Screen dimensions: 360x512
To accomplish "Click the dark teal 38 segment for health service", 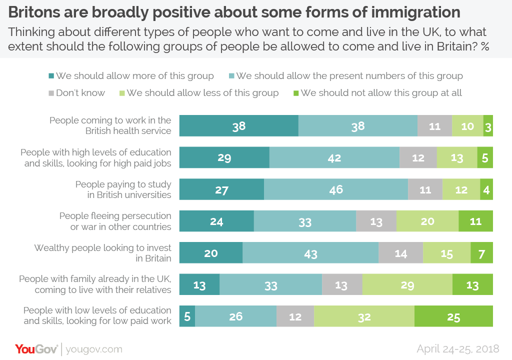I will (239, 126).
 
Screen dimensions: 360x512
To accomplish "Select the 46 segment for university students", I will (336, 189).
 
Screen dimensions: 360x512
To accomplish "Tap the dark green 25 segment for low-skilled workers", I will (453, 316).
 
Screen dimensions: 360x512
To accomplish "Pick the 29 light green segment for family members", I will (407, 285).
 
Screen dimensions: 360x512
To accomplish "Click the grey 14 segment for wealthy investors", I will (400, 253).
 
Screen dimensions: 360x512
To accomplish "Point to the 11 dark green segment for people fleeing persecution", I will (475, 221).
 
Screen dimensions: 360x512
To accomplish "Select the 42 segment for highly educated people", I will (334, 158).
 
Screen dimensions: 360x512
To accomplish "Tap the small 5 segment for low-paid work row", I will (187, 316).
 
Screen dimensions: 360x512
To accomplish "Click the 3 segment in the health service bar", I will (488, 126).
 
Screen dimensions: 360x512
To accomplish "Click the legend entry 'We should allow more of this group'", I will (131, 76).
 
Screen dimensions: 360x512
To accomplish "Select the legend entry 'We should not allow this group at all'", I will (377, 93).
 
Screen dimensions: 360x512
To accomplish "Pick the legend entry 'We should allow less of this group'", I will (198, 93).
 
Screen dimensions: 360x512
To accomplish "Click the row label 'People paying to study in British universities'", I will (123, 189).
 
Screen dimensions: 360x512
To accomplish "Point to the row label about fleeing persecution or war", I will (115, 221).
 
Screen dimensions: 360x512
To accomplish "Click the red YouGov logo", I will (36, 348).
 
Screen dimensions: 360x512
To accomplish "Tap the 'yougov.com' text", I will (94, 349).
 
